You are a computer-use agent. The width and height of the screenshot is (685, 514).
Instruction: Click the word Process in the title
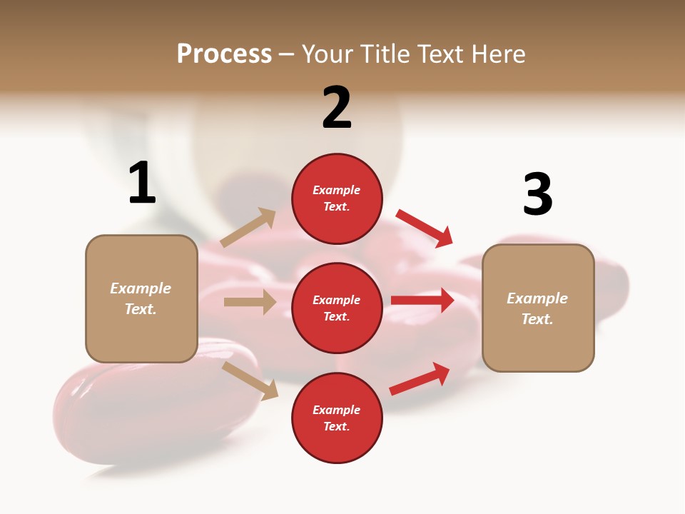pos(224,54)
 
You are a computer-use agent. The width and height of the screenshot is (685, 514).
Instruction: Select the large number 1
pos(142,183)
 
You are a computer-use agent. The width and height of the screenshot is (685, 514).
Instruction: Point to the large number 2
pos(337,108)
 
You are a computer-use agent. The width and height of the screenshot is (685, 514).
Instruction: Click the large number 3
pos(537,194)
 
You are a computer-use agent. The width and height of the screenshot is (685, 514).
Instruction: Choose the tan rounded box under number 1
pos(141,298)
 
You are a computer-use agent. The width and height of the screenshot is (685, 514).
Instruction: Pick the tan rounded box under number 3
pos(538,308)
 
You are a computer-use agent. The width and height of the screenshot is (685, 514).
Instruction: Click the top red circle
pos(337,198)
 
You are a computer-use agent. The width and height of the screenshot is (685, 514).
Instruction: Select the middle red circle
pos(337,308)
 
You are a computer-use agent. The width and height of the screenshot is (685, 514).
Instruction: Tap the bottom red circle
pos(337,418)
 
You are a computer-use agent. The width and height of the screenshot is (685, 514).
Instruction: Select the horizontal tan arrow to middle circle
pos(250,302)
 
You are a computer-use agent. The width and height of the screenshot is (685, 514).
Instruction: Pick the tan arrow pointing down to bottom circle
pos(250,381)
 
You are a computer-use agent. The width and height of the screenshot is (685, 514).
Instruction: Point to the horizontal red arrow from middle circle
pos(422,301)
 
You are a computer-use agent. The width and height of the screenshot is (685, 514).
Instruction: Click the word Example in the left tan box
pos(141,288)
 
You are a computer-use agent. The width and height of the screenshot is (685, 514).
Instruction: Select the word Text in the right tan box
pos(537,319)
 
